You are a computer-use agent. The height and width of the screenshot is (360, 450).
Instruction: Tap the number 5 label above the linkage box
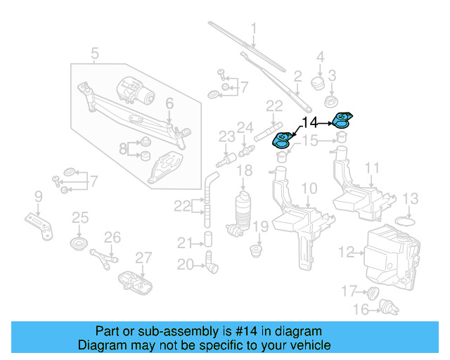tap(95, 52)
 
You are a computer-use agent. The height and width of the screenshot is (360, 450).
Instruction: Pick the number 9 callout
tap(38, 195)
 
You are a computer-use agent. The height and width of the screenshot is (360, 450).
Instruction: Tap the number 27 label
tap(143, 257)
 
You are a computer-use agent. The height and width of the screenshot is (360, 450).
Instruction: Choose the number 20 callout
tap(184, 264)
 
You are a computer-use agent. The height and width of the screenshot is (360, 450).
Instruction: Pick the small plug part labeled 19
tap(257, 249)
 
